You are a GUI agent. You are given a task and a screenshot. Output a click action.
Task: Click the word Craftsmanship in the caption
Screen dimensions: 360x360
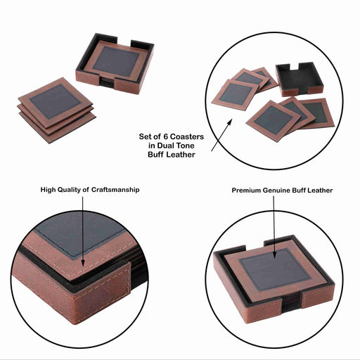pyautogui.click(x=115, y=190)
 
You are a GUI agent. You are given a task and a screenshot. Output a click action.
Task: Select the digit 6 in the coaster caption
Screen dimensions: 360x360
pyautogui.click(x=165, y=136)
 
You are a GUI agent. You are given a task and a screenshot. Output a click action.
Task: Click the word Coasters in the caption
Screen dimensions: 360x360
pyautogui.click(x=187, y=136)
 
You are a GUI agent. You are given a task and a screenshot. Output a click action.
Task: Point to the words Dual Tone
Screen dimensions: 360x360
pyautogui.click(x=176, y=146)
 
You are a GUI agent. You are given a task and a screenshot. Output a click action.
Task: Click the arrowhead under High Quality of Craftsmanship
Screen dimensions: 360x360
pyautogui.click(x=82, y=263)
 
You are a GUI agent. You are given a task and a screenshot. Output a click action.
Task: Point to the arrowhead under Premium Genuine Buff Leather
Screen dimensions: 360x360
pyautogui.click(x=274, y=255)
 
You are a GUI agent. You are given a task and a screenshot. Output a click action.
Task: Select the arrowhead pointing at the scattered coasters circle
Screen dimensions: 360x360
pyautogui.click(x=229, y=122)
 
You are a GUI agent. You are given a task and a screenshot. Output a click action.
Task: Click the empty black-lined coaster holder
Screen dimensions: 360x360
pyautogui.click(x=300, y=79)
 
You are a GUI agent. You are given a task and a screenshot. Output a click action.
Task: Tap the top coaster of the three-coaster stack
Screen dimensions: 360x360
pyautogui.click(x=56, y=101)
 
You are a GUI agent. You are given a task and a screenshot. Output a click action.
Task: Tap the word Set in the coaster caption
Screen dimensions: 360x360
pyautogui.click(x=145, y=136)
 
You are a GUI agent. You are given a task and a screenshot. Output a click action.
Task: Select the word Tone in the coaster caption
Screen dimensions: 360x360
pyautogui.click(x=186, y=146)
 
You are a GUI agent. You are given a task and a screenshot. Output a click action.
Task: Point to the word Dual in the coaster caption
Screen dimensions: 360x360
pyautogui.click(x=166, y=146)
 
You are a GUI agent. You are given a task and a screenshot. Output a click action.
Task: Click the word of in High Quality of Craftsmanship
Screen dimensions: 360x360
pyautogui.click(x=86, y=190)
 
